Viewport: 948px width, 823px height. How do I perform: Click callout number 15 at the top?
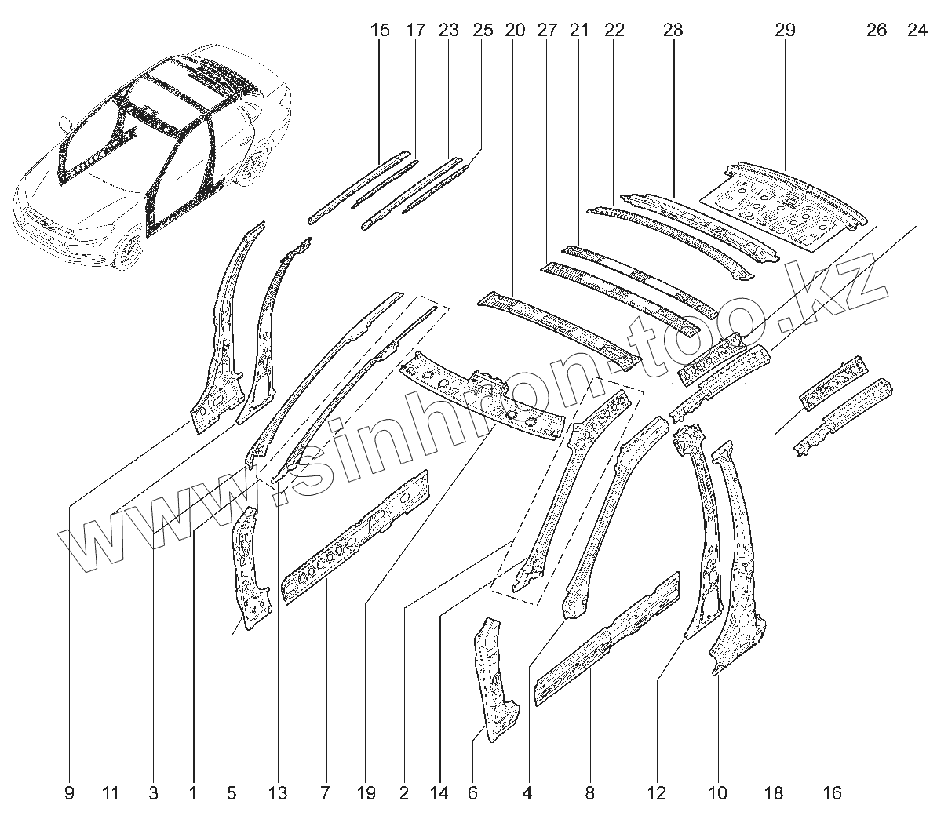(x=379, y=31)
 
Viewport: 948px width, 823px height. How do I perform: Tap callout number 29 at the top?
(x=784, y=31)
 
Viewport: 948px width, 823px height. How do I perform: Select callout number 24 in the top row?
(x=916, y=31)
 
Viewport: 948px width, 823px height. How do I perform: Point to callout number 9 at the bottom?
(x=69, y=793)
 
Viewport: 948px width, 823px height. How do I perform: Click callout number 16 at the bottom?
(x=833, y=793)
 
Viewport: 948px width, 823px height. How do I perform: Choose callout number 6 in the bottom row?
(x=472, y=793)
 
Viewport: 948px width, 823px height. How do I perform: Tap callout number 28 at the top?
(x=673, y=31)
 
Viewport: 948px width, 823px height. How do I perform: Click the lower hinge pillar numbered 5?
(x=251, y=569)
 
